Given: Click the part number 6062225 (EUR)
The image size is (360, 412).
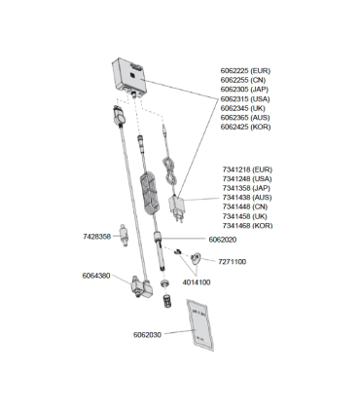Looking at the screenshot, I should [x=245, y=71].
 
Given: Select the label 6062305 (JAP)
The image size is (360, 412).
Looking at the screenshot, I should [x=245, y=90].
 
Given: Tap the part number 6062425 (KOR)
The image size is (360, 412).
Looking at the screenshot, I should [x=245, y=127].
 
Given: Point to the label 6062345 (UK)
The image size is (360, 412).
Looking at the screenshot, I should [x=243, y=108].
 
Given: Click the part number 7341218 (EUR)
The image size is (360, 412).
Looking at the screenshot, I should [x=245, y=169].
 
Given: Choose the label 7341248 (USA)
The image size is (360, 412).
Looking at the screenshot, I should [x=245, y=178].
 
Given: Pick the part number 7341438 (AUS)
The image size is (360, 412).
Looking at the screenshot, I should [x=245, y=197].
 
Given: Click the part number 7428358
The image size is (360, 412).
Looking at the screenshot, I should [x=96, y=235].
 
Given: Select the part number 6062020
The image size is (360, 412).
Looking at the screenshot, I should [x=223, y=239].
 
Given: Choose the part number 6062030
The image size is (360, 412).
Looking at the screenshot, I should [x=147, y=334].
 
